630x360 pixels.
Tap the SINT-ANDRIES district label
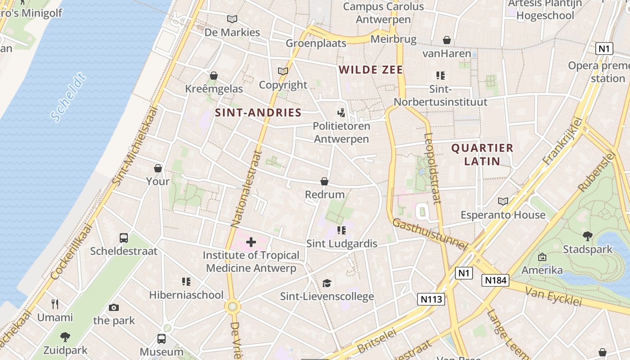tap(258, 112)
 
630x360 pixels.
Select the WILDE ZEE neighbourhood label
tap(371, 70)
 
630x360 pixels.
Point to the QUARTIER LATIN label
tap(482, 154)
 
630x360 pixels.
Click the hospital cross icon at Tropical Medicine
tap(251, 243)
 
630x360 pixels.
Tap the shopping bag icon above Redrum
tap(324, 181)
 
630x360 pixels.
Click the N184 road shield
tap(495, 281)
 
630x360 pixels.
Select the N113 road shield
tap(431, 299)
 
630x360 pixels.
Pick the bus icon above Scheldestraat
tap(124, 238)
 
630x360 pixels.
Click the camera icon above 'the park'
tap(114, 308)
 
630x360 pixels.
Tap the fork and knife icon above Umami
tap(55, 304)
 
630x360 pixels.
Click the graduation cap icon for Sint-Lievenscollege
tap(327, 283)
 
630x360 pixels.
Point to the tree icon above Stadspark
tap(587, 236)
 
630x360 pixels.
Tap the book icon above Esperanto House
tap(503, 202)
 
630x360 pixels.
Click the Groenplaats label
tap(316, 43)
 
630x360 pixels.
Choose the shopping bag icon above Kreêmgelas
tap(214, 76)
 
